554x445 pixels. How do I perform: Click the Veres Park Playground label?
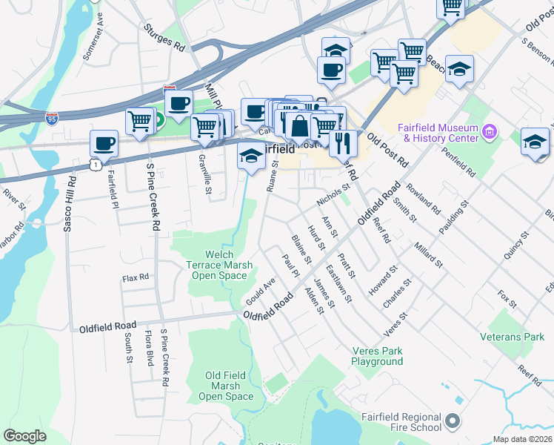(x=378, y=356)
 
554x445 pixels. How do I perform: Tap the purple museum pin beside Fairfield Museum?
(x=489, y=133)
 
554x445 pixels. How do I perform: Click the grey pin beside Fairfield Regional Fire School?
(x=453, y=422)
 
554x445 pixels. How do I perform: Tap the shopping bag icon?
(x=299, y=126)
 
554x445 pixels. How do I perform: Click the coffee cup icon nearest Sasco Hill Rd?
(x=104, y=142)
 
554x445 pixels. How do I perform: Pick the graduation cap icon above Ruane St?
(x=251, y=156)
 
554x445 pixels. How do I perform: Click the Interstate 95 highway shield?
(x=52, y=118)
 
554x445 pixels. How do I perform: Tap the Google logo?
(x=25, y=436)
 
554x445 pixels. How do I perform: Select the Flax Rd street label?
(x=136, y=277)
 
